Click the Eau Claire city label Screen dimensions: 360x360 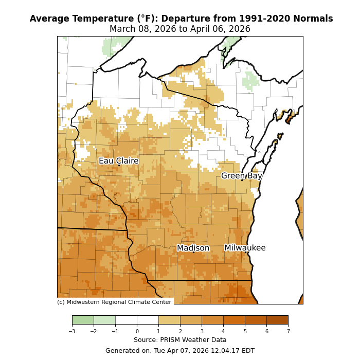(x=119, y=161)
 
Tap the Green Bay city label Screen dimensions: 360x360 (x=242, y=176)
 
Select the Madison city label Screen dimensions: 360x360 (x=193, y=248)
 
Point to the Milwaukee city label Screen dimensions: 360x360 (x=245, y=248)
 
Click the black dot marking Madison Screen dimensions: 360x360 (x=193, y=252)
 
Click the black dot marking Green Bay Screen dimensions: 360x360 (x=242, y=180)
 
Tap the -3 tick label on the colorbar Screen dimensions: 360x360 (x=72, y=332)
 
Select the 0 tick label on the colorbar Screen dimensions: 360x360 (x=137, y=332)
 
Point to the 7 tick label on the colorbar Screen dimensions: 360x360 (x=288, y=332)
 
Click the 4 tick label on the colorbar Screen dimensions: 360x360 (x=223, y=332)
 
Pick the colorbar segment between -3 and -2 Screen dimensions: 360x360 (x=83, y=320)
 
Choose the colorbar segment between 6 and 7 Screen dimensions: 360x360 (x=277, y=320)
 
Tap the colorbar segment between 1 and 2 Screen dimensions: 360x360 (x=169, y=320)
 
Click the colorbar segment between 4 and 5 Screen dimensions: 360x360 (x=234, y=320)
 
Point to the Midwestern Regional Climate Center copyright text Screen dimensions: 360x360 (x=114, y=302)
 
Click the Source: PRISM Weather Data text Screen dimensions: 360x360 (x=180, y=340)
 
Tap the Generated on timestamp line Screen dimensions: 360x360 (x=180, y=351)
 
